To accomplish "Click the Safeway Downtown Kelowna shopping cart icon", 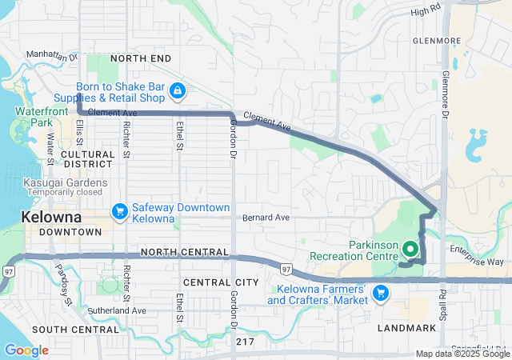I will pyautogui.click(x=120, y=211).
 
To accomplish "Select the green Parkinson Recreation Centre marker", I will pyautogui.click(x=410, y=248).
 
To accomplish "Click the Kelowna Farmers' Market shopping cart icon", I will pyautogui.click(x=381, y=294).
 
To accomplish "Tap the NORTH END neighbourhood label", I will pyautogui.click(x=141, y=58).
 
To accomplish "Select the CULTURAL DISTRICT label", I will pyautogui.click(x=88, y=159).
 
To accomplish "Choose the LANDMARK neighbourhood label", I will pyautogui.click(x=408, y=329).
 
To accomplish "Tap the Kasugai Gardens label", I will pyautogui.click(x=54, y=182).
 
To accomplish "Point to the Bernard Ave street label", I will pyautogui.click(x=265, y=217).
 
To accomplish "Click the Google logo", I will pyautogui.click(x=26, y=350).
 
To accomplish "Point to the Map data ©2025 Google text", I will pyautogui.click(x=462, y=354).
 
